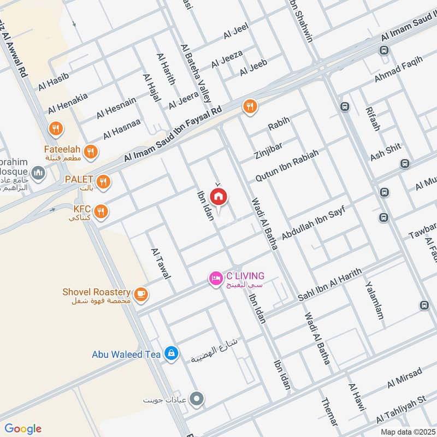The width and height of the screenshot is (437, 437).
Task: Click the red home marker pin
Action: [218, 197]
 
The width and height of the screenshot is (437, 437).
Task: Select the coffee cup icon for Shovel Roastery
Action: [141, 294]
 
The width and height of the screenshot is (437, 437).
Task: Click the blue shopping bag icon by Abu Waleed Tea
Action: [172, 354]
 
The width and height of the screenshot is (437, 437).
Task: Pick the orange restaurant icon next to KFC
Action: [101, 211]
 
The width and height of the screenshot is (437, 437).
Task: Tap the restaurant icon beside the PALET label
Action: [103, 181]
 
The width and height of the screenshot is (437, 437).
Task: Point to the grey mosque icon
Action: [38, 174]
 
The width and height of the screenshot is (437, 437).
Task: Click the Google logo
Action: [23, 428]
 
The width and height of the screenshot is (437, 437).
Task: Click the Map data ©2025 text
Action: [407, 432]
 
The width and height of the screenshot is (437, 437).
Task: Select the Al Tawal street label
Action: [161, 263]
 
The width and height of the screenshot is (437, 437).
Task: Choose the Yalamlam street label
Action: [375, 301]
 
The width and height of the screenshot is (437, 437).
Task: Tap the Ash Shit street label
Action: [386, 152]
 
